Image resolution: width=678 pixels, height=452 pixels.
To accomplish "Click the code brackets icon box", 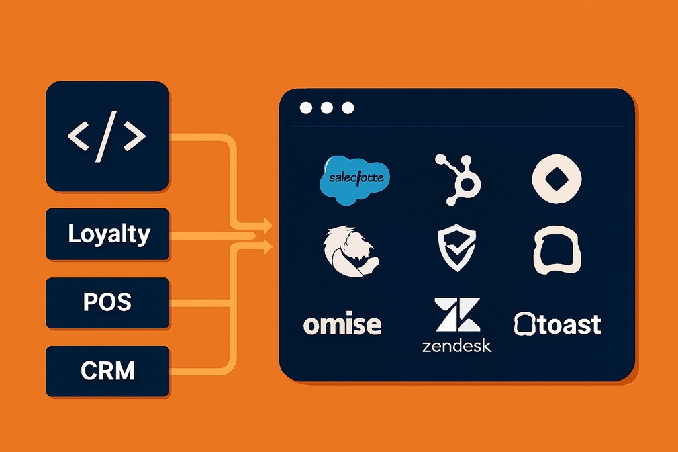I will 107,136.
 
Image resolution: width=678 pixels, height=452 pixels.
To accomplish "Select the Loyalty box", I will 107,234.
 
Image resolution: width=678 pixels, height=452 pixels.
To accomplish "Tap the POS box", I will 107,302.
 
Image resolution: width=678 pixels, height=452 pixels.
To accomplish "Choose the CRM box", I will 107,371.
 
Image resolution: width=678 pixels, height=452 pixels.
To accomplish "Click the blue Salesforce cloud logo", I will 355,179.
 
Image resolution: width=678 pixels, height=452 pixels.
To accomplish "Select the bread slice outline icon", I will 557,250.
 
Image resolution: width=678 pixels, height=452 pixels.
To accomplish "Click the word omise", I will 342,324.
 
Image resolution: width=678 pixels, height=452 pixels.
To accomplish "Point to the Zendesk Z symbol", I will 457,315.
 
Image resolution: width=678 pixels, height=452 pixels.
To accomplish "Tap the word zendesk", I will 457,346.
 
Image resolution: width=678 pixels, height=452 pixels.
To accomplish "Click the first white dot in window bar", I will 305,108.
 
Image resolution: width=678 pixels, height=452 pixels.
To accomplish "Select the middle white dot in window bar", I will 326,108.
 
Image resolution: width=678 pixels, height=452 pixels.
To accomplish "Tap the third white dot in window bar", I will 348,108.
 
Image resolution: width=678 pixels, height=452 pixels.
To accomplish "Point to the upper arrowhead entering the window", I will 267,224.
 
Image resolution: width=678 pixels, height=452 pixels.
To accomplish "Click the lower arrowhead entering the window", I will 267,247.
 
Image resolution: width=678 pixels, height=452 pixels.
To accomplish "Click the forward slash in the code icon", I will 107,136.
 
